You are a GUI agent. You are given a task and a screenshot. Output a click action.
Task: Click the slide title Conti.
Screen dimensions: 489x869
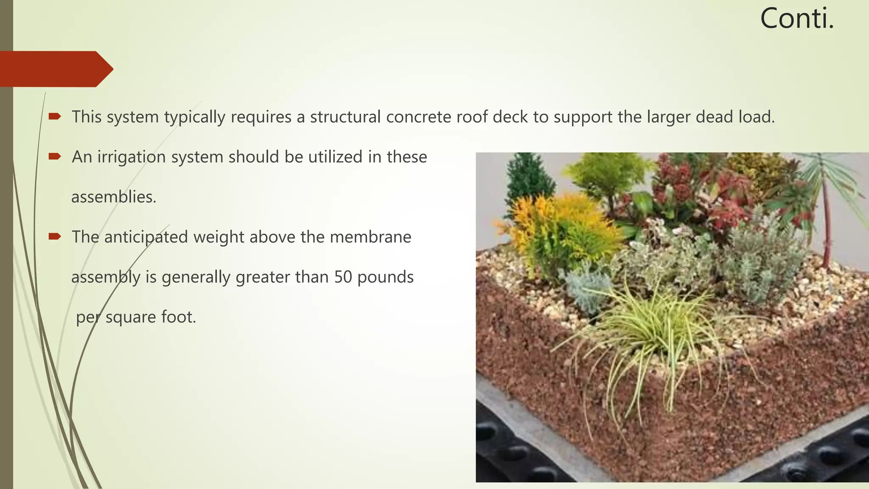[797, 19]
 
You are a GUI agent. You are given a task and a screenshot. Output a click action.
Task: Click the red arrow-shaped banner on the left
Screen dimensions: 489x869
[55, 69]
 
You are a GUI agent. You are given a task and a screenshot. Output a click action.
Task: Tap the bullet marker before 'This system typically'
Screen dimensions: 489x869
[55, 116]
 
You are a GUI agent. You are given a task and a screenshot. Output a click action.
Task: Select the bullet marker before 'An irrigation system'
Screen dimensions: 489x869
[55, 157]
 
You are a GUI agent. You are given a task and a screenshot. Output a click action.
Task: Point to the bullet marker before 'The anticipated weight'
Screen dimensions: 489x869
[55, 236]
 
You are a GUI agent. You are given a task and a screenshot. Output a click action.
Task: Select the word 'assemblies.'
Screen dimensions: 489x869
[114, 197]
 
